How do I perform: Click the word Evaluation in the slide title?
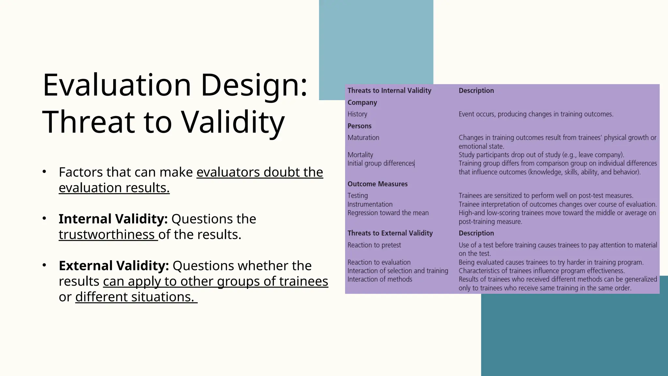[x=116, y=86]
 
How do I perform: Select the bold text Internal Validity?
[x=113, y=219]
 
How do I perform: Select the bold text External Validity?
[x=114, y=266]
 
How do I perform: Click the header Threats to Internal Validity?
[x=389, y=91]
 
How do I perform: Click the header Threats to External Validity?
[x=390, y=233]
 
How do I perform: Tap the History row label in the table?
[x=357, y=114]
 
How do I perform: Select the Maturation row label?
[x=363, y=138]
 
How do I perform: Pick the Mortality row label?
[x=360, y=155]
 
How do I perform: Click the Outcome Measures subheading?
[x=377, y=184]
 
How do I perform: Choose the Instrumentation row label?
[x=370, y=204]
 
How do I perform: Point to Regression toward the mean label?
[x=388, y=213]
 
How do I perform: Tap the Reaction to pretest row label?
[x=374, y=245]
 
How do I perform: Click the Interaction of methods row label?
[x=380, y=279]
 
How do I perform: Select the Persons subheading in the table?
[x=359, y=126]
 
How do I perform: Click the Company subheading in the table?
[x=362, y=102]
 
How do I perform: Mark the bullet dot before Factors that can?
[x=44, y=172]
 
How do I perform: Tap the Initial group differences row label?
[x=381, y=163]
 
